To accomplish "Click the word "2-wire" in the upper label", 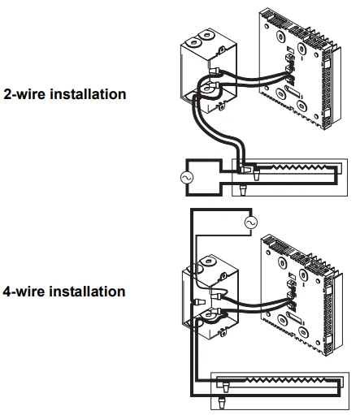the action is tap(25, 94).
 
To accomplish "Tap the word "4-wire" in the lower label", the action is tap(24, 292).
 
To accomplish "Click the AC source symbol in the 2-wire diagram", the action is tap(187, 178).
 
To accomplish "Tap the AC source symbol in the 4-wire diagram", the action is tap(251, 223).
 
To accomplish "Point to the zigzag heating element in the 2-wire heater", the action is tap(299, 167).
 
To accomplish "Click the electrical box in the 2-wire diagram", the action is tap(209, 73).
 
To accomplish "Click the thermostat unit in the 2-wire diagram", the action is tap(299, 69).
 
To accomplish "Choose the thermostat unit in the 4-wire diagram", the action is tap(301, 295).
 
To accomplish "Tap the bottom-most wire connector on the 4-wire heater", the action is tap(222, 403).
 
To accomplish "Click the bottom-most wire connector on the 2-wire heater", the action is tap(243, 190).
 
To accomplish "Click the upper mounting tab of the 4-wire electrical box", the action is tap(223, 276).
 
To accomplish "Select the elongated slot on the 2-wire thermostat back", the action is tap(293, 91).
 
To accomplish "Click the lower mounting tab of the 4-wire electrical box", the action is tap(223, 332).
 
